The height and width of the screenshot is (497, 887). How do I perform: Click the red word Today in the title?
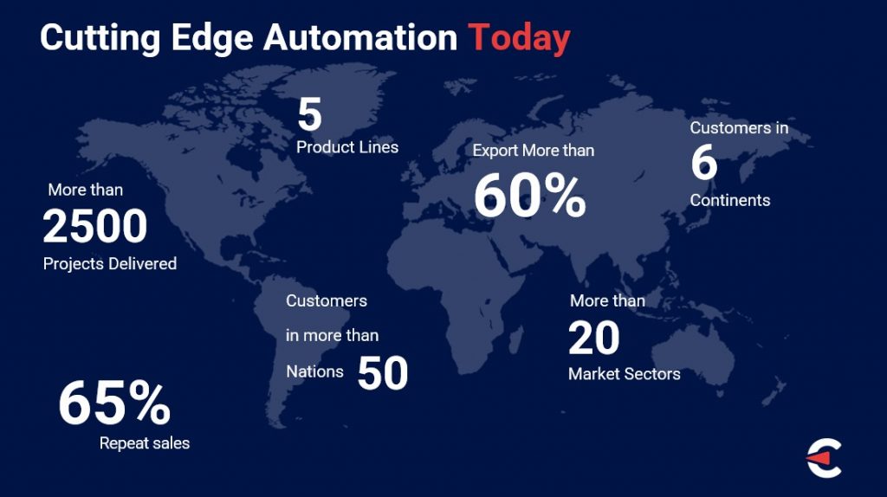(519, 38)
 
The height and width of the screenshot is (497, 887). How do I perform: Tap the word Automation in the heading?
(360, 37)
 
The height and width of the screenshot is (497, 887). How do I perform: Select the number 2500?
(95, 226)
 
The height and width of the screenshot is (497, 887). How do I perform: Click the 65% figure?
(114, 403)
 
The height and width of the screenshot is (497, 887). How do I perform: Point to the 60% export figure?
(529, 196)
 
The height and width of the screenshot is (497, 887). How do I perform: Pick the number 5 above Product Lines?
(309, 114)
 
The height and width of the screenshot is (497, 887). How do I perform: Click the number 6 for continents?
(703, 162)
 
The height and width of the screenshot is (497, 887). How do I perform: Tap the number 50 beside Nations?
(382, 373)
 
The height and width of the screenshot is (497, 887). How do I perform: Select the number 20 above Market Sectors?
(594, 339)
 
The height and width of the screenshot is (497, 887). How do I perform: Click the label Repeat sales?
(145, 442)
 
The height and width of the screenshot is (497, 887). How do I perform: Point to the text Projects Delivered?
(110, 264)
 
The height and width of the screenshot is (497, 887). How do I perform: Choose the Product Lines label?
(347, 147)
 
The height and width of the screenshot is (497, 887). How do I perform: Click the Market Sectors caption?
(624, 374)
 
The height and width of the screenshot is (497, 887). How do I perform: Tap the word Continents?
(729, 200)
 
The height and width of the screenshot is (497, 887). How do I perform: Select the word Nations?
(314, 371)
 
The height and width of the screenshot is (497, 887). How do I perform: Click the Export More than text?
(534, 151)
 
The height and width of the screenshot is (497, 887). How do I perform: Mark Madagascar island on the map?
(516, 340)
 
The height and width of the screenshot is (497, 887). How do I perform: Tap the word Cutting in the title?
(100, 38)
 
